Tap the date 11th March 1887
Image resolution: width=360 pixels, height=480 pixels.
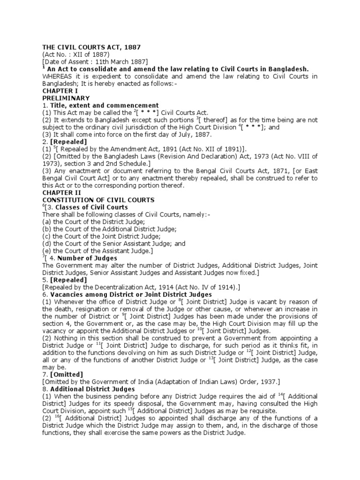tap(124, 62)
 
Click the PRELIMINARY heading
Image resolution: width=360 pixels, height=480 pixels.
tap(66, 98)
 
